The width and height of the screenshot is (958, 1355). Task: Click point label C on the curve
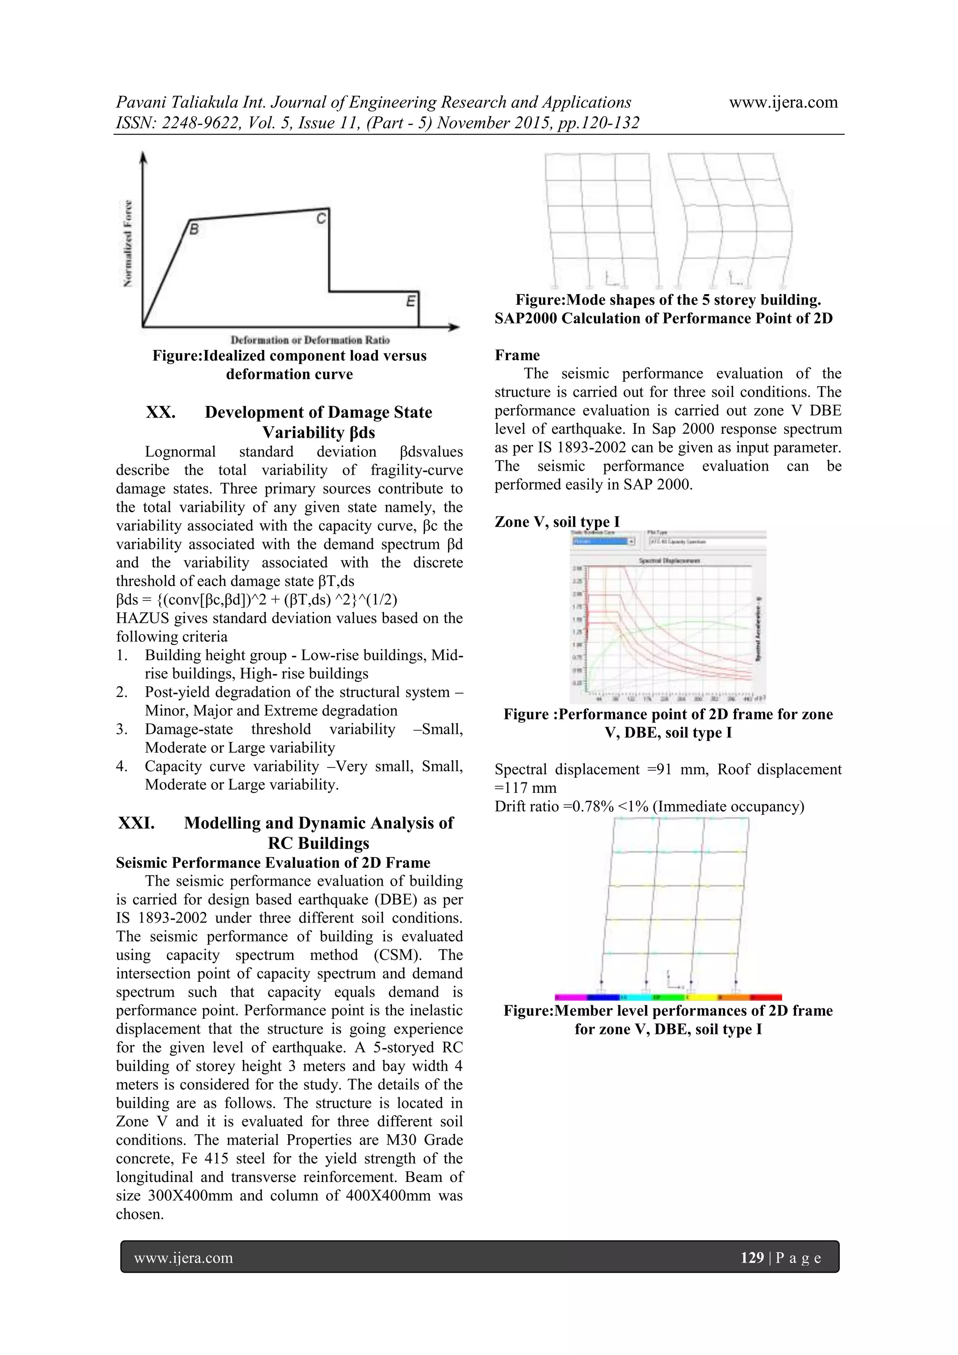(320, 218)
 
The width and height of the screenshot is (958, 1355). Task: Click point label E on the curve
(410, 302)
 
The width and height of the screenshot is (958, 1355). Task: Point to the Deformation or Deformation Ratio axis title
(310, 340)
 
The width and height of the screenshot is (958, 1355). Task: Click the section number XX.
(160, 412)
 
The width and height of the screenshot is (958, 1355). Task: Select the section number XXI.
(136, 823)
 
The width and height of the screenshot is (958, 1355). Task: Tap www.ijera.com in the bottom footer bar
(183, 1258)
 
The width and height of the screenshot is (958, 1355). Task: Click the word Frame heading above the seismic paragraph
(517, 355)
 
